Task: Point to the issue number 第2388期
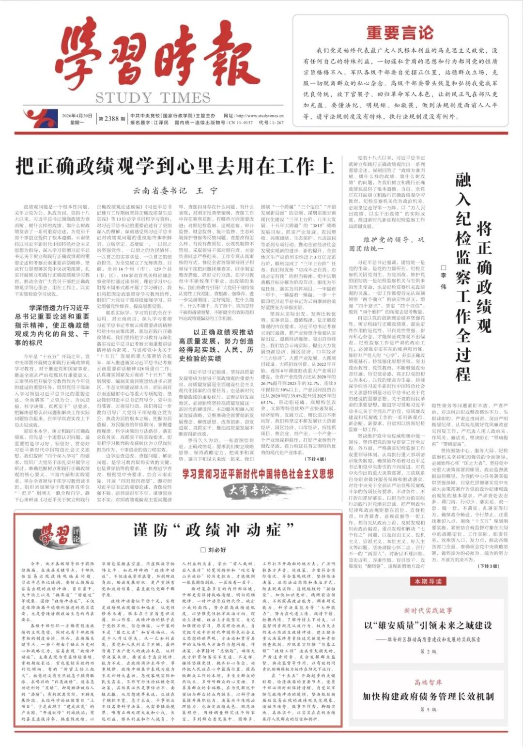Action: point(108,119)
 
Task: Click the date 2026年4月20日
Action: point(77,116)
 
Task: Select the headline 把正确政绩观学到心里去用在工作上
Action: point(175,166)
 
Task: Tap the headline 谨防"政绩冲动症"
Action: point(214,530)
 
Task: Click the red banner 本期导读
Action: point(426,581)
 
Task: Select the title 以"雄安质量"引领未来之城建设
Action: point(428,625)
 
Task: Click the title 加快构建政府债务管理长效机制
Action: point(428,697)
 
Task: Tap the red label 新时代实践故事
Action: point(428,610)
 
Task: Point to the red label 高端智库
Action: point(428,683)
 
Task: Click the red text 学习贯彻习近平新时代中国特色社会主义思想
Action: point(258,474)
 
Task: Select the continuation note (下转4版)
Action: point(315,459)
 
